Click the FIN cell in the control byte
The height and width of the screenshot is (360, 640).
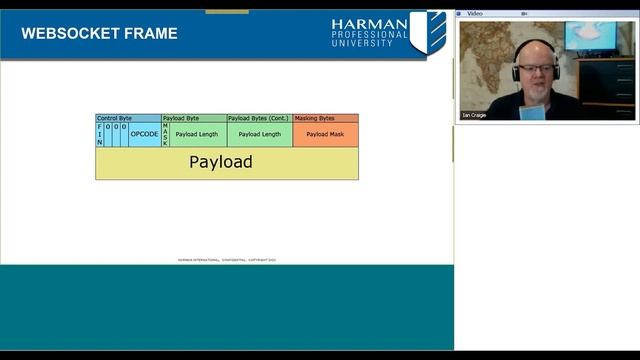pos(100,134)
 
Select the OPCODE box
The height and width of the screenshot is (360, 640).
pos(144,134)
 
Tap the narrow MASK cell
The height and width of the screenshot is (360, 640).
pos(165,134)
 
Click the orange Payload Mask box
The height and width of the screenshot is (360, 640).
pos(325,134)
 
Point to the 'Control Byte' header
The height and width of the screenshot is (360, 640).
pos(114,118)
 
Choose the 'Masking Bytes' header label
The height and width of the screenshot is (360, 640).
pos(315,118)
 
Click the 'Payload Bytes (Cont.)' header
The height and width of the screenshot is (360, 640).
pos(258,118)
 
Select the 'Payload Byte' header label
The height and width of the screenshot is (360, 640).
pos(181,118)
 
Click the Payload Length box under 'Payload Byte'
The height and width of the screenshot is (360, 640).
pos(197,134)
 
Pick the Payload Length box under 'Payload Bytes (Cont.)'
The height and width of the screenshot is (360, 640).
pos(260,134)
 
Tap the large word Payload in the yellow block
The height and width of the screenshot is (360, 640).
pos(221,162)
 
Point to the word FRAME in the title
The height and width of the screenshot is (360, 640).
pos(151,33)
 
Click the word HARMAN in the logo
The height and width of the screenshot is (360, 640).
pos(369,24)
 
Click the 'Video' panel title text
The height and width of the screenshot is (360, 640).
pos(475,13)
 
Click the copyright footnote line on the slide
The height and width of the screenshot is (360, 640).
pos(227,260)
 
